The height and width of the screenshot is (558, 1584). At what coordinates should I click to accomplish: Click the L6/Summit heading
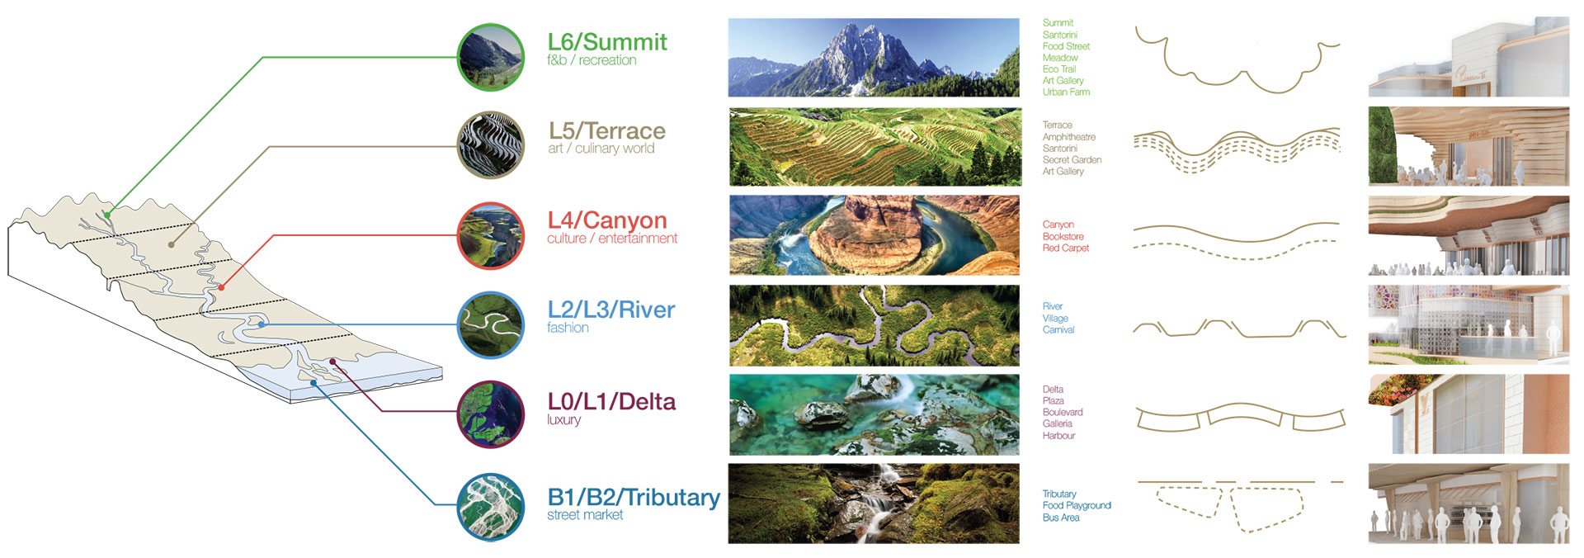pos(607,42)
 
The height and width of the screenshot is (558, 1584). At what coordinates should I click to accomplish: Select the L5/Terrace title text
pos(607,130)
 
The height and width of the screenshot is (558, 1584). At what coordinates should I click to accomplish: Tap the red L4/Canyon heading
pos(607,220)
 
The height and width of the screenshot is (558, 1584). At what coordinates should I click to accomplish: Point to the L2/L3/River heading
pos(611,310)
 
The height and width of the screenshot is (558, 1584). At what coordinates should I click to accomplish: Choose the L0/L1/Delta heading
pos(611,402)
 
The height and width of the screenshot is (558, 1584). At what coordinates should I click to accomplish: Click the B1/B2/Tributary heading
pos(634,498)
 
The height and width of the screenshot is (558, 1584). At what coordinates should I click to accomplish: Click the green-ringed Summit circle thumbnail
pos(491,57)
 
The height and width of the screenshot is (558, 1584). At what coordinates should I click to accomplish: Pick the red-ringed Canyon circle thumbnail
pos(491,236)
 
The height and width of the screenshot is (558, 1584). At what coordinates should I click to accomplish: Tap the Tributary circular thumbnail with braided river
pos(491,507)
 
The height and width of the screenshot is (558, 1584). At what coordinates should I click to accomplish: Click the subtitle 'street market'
pos(585,515)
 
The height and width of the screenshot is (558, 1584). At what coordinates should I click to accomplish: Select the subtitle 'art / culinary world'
pos(601,149)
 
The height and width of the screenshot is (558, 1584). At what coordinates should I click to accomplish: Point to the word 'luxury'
pos(564,419)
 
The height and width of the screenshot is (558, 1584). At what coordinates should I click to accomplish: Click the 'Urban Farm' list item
pos(1066,92)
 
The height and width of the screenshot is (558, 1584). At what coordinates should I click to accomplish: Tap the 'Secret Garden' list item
pos(1072,160)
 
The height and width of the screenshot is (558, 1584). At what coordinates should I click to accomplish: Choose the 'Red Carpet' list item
pos(1066,248)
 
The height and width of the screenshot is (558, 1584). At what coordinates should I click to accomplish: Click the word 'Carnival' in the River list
pos(1058,330)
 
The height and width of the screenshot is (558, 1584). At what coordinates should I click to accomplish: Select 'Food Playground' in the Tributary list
pos(1077,506)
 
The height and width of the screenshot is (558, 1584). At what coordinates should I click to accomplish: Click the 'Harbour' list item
pos(1058,436)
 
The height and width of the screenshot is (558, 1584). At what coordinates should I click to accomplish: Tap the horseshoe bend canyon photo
pos(874,235)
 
